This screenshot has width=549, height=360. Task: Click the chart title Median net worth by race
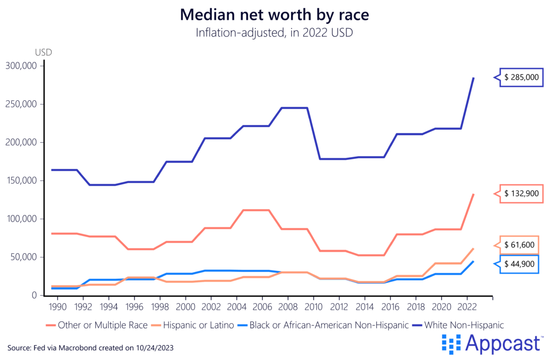point(274,14)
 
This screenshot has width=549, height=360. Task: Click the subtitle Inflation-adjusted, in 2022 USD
point(274,33)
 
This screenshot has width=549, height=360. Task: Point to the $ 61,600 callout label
point(523,245)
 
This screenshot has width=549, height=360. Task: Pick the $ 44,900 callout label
point(523,263)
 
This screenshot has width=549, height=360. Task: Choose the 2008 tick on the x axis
point(288,306)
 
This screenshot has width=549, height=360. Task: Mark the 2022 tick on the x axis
point(467,306)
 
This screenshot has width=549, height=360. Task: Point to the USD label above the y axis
point(43,53)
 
